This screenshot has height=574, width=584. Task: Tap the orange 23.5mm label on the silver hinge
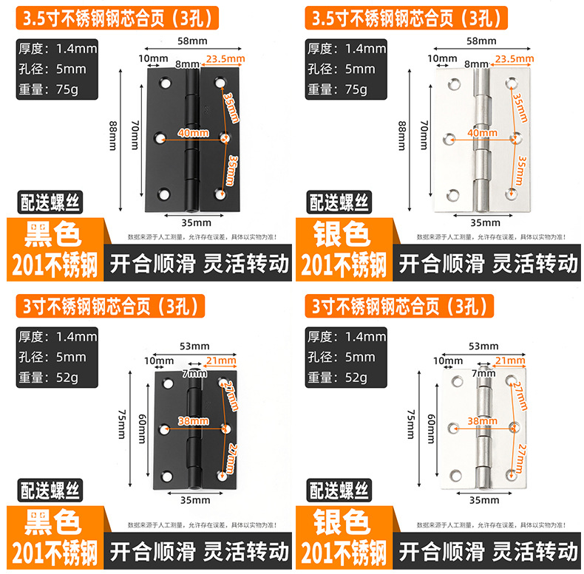(x=514, y=59)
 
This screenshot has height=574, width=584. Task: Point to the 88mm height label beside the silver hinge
(x=402, y=136)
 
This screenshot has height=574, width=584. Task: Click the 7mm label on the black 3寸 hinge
(x=193, y=373)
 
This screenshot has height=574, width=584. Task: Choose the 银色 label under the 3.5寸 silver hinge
(x=342, y=235)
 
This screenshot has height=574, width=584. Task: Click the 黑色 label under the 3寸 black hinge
(x=53, y=522)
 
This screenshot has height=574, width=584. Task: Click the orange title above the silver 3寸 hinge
(x=397, y=304)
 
